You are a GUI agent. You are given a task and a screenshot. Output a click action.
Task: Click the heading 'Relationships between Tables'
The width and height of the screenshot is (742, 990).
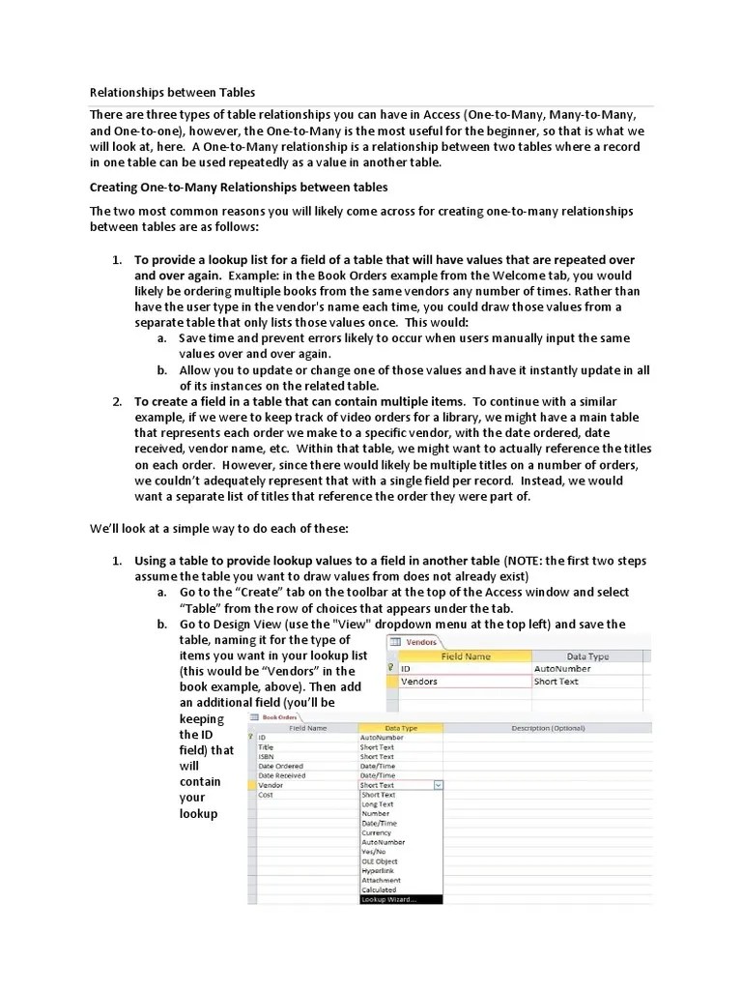[172, 93]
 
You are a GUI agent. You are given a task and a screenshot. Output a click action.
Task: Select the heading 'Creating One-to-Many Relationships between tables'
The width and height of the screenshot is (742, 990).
[239, 187]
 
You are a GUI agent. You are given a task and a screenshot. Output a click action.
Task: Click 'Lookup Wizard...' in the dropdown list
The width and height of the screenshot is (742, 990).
[389, 899]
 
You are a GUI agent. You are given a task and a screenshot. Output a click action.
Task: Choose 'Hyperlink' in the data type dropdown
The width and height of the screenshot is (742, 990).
[379, 871]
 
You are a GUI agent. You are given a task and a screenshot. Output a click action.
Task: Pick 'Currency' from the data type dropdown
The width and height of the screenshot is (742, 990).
[376, 832]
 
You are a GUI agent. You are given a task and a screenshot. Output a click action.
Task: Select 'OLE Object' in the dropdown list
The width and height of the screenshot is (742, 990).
[379, 861]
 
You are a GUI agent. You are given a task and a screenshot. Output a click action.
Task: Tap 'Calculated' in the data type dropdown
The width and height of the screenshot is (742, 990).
[379, 889]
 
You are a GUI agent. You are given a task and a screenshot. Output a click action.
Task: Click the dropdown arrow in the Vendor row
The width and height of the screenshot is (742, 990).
[439, 786]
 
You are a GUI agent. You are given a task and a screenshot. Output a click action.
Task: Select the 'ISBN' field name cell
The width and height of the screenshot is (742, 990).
[267, 757]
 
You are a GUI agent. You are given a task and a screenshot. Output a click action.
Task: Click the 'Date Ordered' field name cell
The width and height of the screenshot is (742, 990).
[281, 767]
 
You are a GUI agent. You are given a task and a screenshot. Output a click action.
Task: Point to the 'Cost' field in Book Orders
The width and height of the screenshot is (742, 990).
[267, 795]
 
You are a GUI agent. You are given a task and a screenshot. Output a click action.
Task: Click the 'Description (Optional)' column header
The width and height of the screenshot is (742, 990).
[548, 728]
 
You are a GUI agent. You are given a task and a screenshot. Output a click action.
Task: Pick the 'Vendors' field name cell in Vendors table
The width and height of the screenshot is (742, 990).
[419, 681]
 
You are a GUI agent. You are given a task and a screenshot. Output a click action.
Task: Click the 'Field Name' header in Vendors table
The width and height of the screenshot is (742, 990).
[466, 655]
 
